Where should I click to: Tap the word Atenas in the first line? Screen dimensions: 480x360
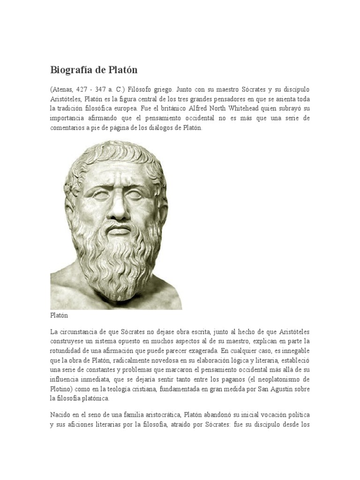click(63, 90)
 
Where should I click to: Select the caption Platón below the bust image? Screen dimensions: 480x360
click(59, 316)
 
